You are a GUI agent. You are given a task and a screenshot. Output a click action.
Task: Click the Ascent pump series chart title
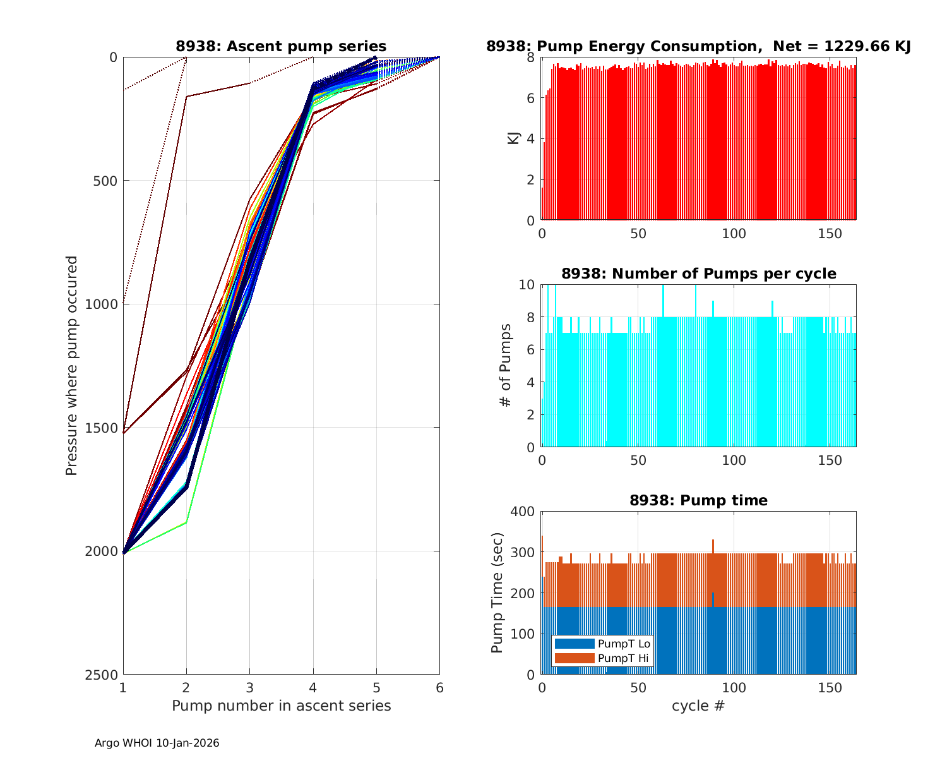pyautogui.click(x=281, y=46)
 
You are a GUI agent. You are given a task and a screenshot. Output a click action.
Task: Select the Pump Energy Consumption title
pyautogui.click(x=698, y=46)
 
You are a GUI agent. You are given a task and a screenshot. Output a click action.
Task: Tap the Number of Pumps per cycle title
pyautogui.click(x=698, y=274)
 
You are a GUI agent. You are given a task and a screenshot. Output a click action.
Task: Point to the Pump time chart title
pyautogui.click(x=698, y=500)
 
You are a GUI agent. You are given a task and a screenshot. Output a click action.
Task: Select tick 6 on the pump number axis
pyautogui.click(x=439, y=688)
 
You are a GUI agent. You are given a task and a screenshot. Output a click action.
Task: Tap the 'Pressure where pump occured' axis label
pyautogui.click(x=71, y=366)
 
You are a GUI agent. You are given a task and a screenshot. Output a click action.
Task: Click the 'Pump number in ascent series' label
pyautogui.click(x=281, y=706)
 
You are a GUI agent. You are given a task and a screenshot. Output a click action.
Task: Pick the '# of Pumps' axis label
pyautogui.click(x=505, y=366)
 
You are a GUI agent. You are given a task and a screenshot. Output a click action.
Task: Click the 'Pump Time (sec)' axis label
pyautogui.click(x=497, y=593)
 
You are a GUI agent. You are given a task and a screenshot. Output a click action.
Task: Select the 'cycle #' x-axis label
pyautogui.click(x=698, y=706)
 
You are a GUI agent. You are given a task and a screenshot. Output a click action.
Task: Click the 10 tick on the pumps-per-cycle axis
pyautogui.click(x=527, y=285)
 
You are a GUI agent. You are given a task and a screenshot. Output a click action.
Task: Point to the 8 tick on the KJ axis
pyautogui.click(x=530, y=57)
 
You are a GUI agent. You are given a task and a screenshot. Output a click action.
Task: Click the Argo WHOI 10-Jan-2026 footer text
pyautogui.click(x=157, y=743)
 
